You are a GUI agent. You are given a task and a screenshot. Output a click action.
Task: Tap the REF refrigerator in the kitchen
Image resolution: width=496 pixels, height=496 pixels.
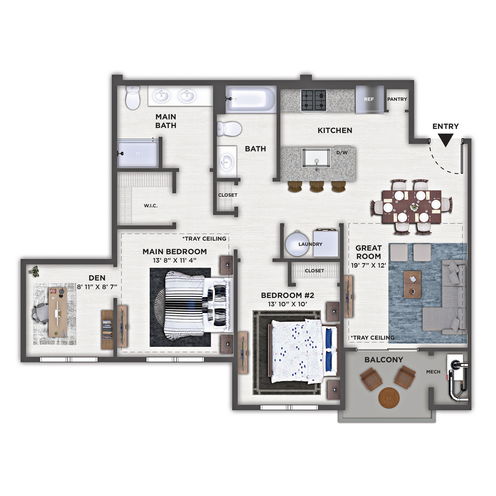click(370, 99)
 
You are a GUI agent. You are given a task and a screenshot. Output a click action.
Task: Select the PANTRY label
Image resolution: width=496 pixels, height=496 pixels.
click(397, 99)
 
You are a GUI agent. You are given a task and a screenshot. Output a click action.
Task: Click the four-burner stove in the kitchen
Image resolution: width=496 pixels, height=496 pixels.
click(313, 100)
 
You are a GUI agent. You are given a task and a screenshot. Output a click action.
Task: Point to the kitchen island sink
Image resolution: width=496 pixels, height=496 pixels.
click(316, 158)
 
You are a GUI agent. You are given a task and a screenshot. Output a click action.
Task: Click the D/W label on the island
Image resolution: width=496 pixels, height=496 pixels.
click(342, 153)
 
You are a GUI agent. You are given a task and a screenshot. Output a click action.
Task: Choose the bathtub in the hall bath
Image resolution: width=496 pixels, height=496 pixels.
click(250, 100)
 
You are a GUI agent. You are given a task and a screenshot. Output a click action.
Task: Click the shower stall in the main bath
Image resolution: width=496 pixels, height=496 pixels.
click(137, 154)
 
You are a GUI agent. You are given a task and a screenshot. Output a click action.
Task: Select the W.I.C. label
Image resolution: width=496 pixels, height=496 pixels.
click(151, 206)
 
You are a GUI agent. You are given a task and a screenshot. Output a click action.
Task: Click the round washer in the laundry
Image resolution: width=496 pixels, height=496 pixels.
click(297, 244)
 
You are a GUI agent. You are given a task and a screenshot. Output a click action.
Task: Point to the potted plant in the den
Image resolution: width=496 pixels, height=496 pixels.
click(34, 271)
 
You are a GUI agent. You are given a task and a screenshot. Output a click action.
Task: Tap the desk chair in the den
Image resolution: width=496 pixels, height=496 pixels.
click(40, 313)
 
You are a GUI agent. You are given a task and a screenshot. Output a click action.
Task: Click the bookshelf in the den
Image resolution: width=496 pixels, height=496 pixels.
click(107, 330)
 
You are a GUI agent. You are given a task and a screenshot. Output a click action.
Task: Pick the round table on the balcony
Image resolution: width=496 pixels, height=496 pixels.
click(389, 397)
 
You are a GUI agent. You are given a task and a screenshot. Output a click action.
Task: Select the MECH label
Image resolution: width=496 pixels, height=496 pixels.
click(433, 372)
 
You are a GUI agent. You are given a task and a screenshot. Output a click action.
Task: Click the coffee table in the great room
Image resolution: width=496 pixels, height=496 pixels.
click(412, 284)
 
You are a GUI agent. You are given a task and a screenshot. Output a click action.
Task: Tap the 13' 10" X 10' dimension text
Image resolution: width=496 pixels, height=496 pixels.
click(287, 304)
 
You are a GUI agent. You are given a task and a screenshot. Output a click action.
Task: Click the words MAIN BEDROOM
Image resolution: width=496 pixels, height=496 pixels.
click(175, 251)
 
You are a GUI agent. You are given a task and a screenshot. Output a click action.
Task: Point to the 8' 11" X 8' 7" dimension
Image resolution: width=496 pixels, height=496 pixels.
click(97, 287)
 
